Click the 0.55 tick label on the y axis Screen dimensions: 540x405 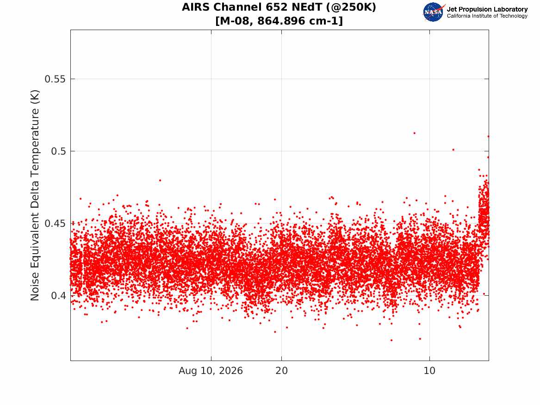pos(55,79)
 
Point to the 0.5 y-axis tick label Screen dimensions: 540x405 pos(58,151)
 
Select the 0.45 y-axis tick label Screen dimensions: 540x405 pos(55,224)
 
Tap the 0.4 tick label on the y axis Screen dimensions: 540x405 pos(58,296)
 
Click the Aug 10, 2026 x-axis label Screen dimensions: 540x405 pos(211,371)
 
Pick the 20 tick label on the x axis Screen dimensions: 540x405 pos(281,371)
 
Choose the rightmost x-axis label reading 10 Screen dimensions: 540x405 pos(429,371)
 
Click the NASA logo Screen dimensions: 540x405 pos(434,12)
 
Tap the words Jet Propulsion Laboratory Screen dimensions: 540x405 pos(487,9)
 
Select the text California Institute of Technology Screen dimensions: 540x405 pos(487,16)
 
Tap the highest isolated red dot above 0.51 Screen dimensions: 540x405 pos(414,133)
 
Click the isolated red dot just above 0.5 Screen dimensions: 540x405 pos(453,150)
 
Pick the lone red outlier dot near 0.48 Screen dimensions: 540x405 pos(160,181)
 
